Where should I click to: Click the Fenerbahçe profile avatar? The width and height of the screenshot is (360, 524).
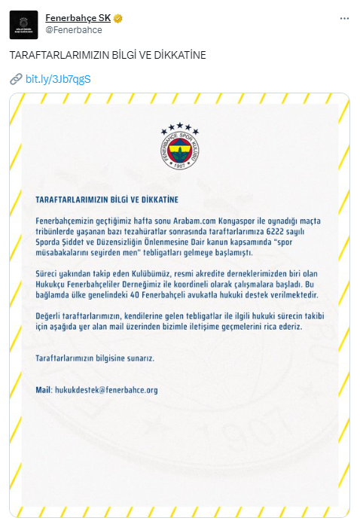pos(23,24)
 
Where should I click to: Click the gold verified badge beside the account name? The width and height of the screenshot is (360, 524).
pos(119,17)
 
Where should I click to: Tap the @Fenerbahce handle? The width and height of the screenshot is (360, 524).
pos(74,30)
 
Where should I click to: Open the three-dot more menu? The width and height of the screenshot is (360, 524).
pos(343,17)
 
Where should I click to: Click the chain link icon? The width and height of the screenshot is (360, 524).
pos(16,78)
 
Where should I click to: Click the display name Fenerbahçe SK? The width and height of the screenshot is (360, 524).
pos(78,17)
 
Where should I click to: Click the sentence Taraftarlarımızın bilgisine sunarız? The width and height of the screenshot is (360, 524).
pos(94,358)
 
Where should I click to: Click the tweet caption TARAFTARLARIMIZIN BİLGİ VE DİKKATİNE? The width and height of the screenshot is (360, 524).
pos(107,56)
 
